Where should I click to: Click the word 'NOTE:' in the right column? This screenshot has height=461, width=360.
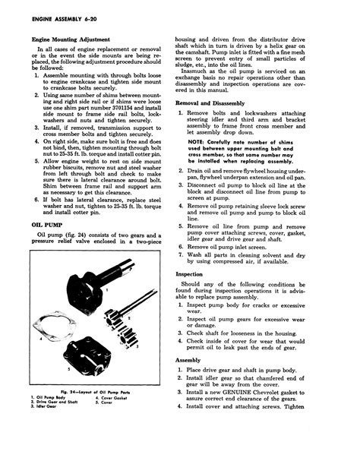click(x=196, y=162)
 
